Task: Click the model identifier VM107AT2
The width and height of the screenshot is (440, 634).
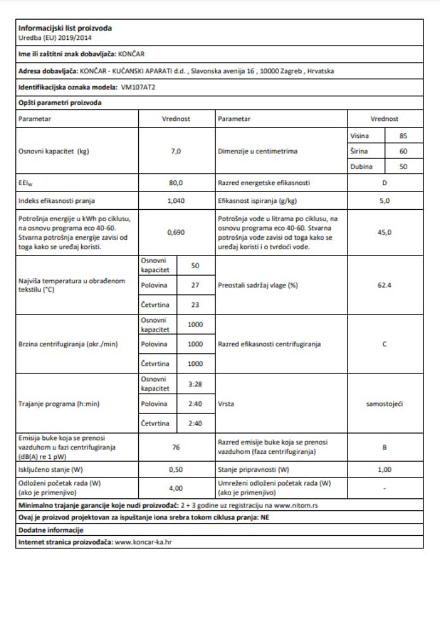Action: coord(138,87)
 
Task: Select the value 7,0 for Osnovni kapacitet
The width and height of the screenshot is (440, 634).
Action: coord(176,152)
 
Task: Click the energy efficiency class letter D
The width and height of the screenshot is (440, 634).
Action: coord(385,183)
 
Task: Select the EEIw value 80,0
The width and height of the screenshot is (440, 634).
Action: coord(176,183)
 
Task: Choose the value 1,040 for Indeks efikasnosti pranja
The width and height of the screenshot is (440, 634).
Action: coord(176,201)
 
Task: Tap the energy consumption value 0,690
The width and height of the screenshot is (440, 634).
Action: coord(176,233)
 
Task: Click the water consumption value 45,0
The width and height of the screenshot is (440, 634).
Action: coord(385,233)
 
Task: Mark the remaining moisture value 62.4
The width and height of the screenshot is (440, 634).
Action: coord(385,285)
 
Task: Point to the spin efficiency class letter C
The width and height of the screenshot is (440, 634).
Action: coord(385,344)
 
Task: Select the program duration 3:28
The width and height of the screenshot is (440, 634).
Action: coord(195,384)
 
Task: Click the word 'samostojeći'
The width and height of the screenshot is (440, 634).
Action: coord(385,403)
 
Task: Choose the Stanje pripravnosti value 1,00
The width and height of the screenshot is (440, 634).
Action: coord(385,470)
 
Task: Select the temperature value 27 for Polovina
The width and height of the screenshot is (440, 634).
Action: coord(195,285)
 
